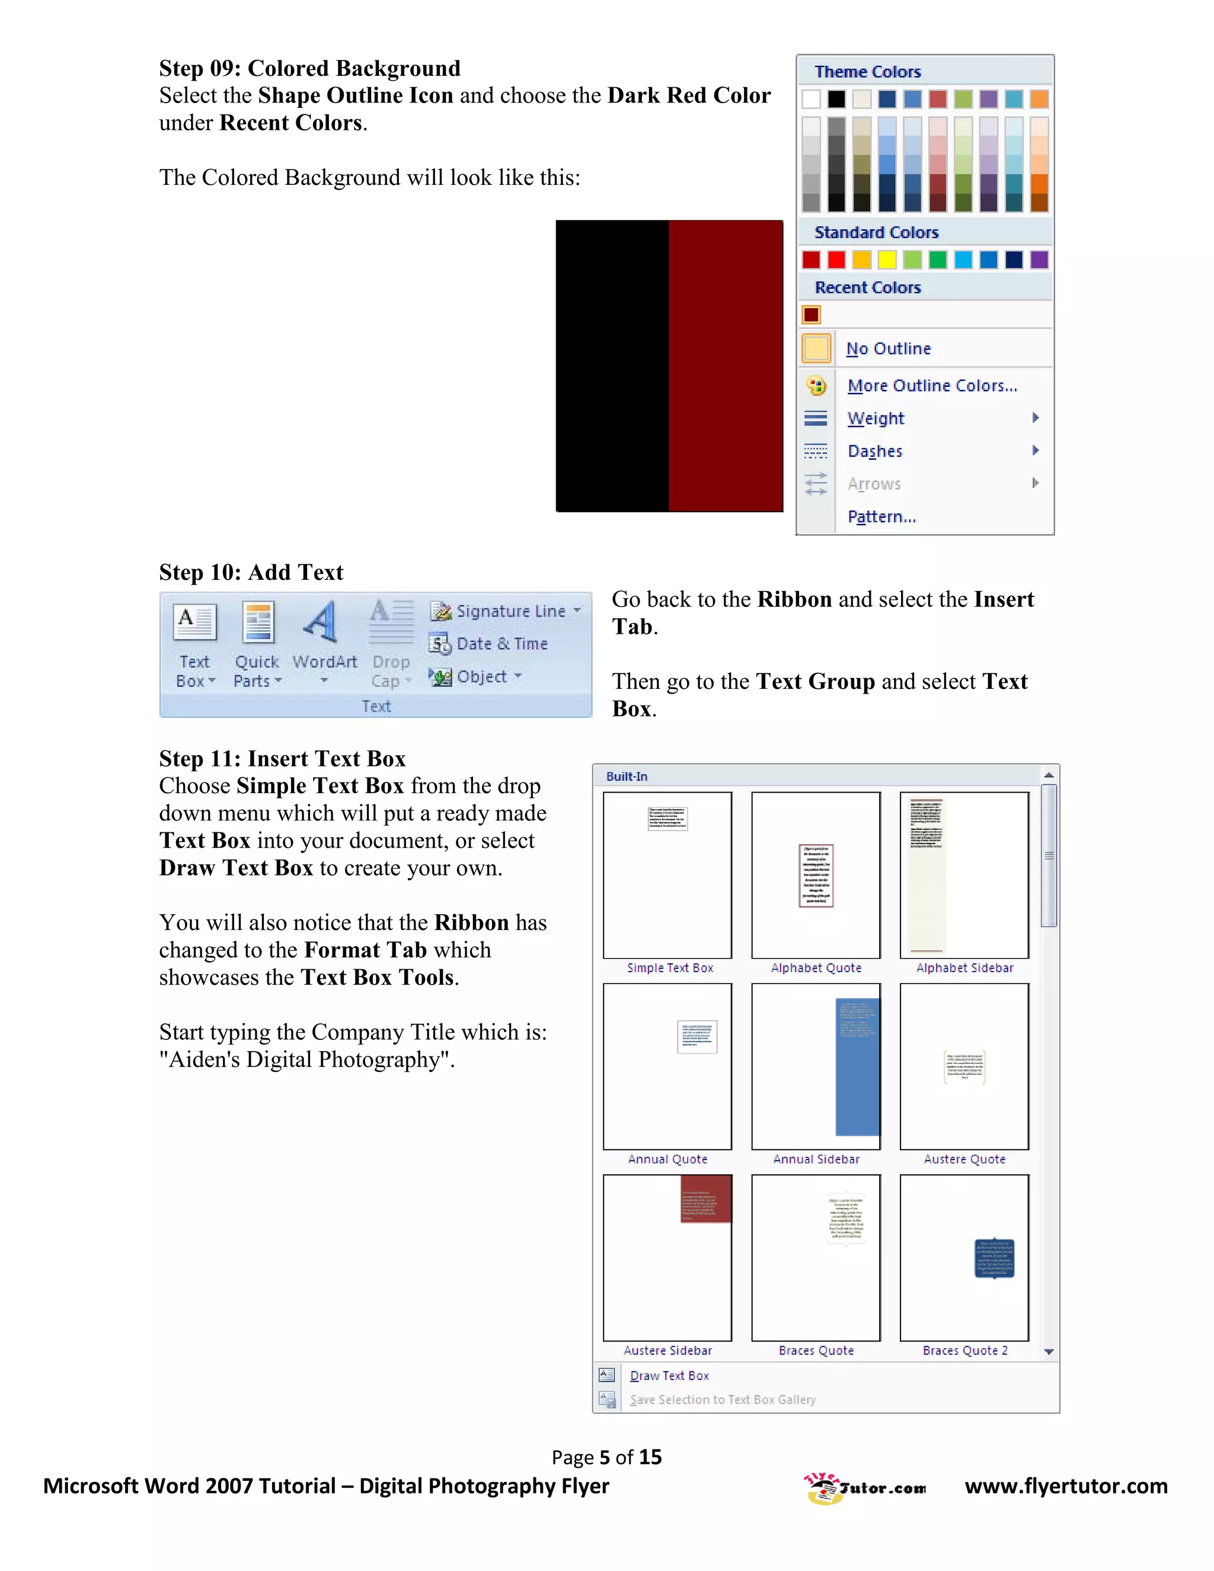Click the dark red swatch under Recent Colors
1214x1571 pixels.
click(812, 315)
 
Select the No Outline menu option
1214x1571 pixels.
click(887, 349)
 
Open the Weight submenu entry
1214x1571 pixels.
click(876, 419)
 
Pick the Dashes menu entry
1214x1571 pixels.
click(874, 452)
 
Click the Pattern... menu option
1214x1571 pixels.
click(881, 517)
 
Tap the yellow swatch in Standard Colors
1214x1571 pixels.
click(887, 260)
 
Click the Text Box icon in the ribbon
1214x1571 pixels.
click(194, 622)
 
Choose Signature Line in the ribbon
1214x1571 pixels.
click(510, 611)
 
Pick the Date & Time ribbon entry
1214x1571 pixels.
click(501, 644)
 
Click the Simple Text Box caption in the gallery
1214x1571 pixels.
click(670, 968)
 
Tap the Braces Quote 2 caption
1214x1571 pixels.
click(964, 1351)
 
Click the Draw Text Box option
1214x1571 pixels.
click(669, 1376)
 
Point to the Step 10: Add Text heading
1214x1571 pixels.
click(251, 573)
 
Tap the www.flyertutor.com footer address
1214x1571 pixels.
click(1066, 1486)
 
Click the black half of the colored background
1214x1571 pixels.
click(612, 366)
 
